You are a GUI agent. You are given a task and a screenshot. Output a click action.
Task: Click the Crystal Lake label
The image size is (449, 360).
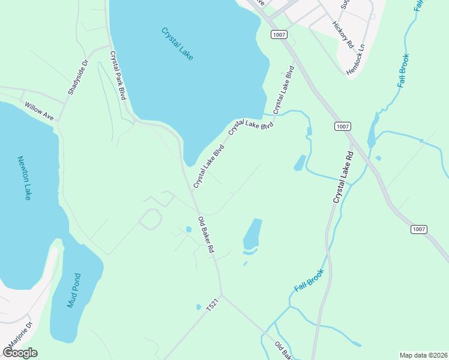coord(178,43)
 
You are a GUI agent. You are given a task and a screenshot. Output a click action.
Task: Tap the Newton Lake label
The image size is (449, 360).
coord(24,178)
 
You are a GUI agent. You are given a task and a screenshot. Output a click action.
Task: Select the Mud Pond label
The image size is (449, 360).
coord(74,291)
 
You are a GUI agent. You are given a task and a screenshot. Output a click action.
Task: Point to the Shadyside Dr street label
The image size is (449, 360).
coord(78,77)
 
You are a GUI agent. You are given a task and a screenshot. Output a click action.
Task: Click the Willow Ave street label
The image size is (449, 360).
coord(39,111)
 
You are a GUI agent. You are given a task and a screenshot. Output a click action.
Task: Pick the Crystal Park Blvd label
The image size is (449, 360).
coord(117,76)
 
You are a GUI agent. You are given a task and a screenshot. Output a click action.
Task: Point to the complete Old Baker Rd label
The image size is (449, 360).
coord(206,235)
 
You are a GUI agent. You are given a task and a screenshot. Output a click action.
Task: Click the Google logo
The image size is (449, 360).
coord(20,352)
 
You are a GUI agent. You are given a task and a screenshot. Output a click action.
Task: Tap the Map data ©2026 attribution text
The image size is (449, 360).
coord(424,355)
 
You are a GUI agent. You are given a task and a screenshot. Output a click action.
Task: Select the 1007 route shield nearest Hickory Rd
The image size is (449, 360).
coord(279,35)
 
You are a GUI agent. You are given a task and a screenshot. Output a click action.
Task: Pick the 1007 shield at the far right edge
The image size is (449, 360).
coord(420,229)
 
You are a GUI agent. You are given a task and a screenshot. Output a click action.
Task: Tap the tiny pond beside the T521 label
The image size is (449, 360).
coord(199,307)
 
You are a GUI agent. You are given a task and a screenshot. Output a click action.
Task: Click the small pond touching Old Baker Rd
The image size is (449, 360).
coord(189,229)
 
